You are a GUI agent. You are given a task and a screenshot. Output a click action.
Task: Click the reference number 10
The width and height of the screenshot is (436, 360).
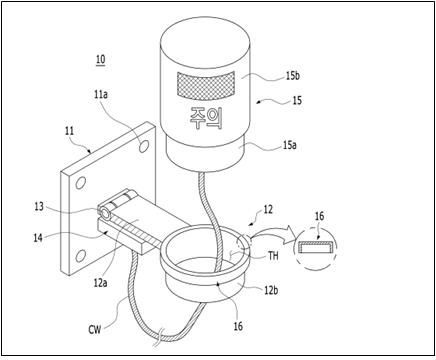101,59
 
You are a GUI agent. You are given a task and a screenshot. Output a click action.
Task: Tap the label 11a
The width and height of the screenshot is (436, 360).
101,95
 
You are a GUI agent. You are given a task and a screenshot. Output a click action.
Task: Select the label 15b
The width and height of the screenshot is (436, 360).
292,76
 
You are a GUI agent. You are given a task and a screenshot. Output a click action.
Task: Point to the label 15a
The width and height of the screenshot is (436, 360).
289,145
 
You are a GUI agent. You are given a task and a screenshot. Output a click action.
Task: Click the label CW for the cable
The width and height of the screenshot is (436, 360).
95,329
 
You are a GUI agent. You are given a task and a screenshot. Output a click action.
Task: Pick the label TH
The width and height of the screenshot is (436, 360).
273,256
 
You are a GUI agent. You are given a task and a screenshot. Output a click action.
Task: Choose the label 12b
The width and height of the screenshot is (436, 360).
271,290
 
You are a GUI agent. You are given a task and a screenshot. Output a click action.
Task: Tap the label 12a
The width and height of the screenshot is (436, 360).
100,283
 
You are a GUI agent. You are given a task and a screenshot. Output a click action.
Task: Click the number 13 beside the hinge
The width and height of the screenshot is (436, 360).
39,206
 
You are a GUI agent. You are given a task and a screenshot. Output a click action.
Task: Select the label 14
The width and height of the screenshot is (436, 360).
38,238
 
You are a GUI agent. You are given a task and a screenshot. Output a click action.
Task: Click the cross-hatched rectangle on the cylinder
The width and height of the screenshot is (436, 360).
205,85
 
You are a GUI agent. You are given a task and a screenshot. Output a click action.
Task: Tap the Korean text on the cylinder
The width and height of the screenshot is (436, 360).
205,119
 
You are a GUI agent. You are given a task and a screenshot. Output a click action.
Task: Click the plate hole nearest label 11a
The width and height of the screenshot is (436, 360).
144,146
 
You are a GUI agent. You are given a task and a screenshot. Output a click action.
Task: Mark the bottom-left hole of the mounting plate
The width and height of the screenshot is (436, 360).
80,256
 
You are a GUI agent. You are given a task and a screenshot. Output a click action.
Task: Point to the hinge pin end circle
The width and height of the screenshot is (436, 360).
105,213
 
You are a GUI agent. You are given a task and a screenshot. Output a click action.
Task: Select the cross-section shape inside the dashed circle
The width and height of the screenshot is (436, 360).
315,248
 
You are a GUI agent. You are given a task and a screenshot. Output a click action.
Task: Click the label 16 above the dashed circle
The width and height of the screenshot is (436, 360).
319,216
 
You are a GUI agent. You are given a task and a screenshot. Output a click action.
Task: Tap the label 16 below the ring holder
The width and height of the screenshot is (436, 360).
238,326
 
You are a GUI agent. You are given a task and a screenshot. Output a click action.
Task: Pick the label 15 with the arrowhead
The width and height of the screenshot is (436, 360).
297,100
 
